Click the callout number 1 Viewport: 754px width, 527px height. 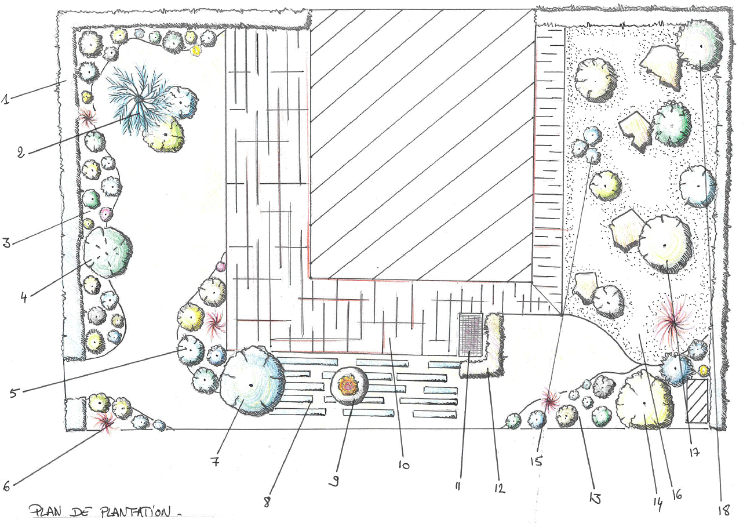coord(5,99)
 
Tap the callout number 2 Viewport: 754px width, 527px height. coord(21,152)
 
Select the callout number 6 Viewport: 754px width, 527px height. coord(6,486)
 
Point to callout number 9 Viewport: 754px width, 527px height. coord(334,481)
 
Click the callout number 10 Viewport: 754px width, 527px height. coord(404,465)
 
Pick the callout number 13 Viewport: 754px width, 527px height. coord(595,498)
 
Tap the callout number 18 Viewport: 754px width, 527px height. coord(724,510)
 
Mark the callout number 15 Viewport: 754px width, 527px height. coord(537,461)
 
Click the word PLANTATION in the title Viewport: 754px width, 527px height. coord(136,512)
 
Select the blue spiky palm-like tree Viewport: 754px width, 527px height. coord(139,100)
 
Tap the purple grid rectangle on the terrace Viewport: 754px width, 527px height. coord(471,335)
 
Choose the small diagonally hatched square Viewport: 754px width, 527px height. coord(697,401)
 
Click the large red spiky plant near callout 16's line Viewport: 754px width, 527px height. coord(672,322)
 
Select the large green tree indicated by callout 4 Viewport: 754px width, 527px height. coord(108,252)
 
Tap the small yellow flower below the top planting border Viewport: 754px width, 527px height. coord(195,50)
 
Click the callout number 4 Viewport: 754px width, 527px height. coord(24,297)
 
